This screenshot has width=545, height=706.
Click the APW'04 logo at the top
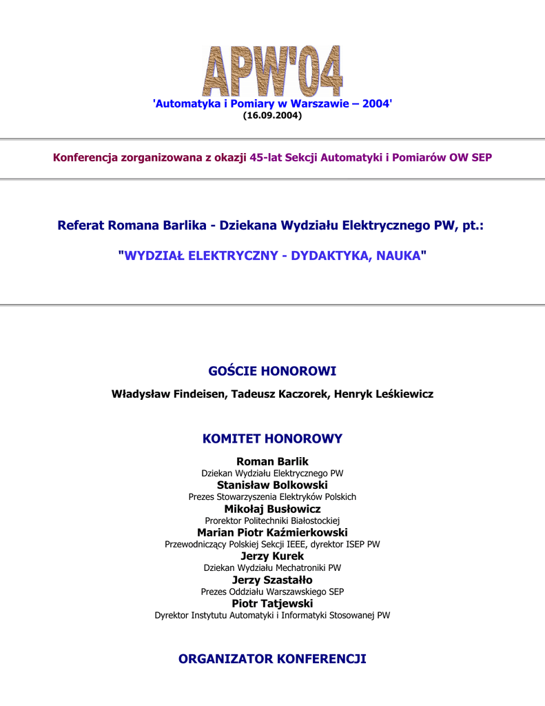pos(272,70)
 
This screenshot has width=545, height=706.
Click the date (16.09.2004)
pos(272,115)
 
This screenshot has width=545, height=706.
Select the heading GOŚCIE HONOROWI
pos(272,372)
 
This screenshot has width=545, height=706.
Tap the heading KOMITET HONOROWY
pos(272,438)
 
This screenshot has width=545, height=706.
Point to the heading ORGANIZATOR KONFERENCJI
pos(272,659)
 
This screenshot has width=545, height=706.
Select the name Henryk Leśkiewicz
pos(384,394)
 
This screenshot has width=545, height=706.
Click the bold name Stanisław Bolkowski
pos(272,485)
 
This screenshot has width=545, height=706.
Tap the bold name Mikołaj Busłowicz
pos(272,509)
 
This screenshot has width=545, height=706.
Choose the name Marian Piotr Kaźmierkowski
pos(272,532)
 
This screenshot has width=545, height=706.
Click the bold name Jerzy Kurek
pos(272,556)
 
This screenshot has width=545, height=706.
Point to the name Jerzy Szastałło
pos(272,580)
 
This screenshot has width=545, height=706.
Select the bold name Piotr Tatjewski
pos(272,603)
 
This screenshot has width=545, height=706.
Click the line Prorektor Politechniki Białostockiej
pos(272,521)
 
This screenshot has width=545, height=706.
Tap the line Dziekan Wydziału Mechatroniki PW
pos(272,567)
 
